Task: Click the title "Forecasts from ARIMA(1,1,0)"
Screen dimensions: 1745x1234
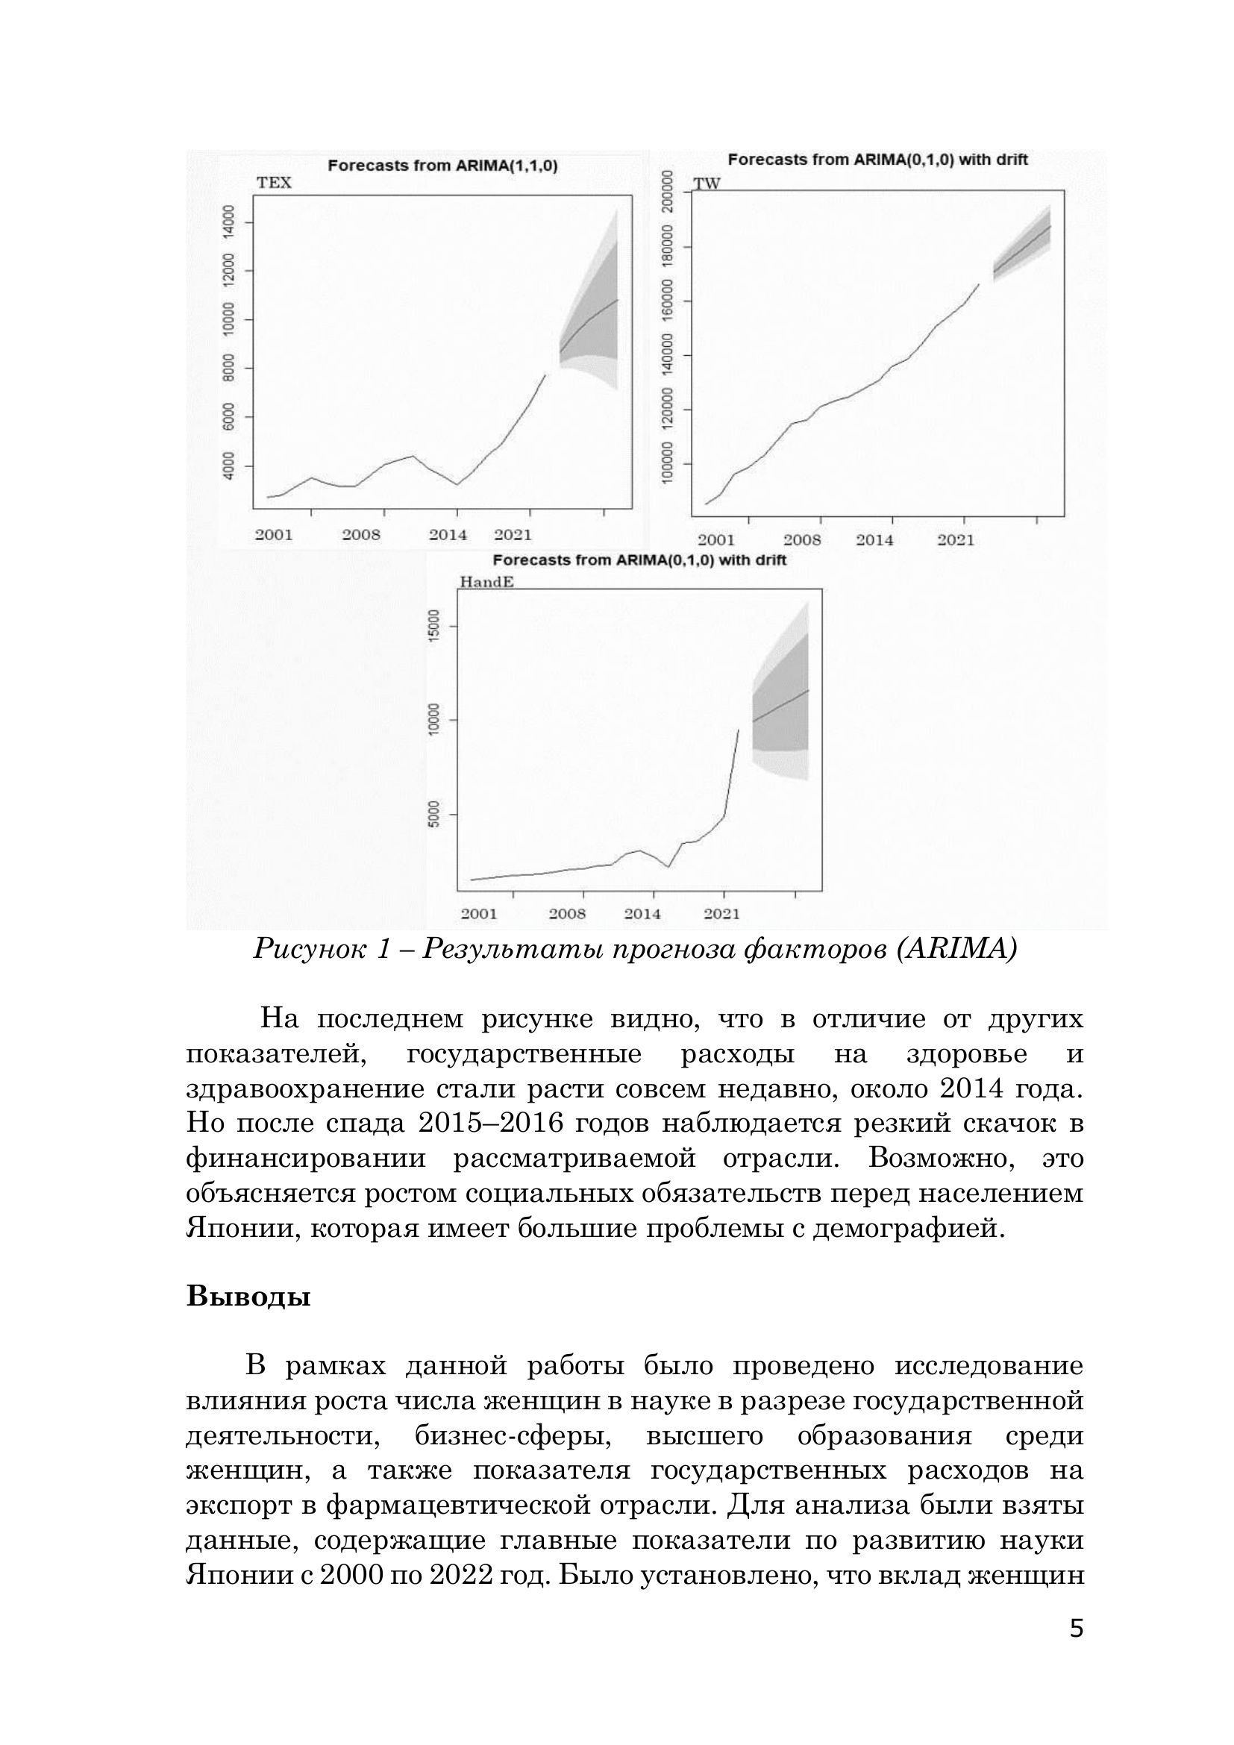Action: click(x=442, y=166)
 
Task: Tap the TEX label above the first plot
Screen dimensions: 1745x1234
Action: click(x=275, y=184)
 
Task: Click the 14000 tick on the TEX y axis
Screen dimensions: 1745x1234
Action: click(x=229, y=222)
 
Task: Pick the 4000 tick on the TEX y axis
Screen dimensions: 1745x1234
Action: click(x=229, y=466)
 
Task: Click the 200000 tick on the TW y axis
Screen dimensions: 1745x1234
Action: click(x=668, y=192)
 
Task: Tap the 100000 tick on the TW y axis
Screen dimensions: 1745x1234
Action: click(x=668, y=463)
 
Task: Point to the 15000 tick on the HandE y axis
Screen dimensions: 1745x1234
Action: click(x=435, y=626)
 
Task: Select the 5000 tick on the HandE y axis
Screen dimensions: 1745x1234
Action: click(x=435, y=815)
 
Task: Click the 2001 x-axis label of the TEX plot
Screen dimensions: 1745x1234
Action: click(x=274, y=535)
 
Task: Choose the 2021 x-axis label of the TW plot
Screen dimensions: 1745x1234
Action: click(x=955, y=540)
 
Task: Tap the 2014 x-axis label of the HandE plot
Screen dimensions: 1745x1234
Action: click(x=643, y=915)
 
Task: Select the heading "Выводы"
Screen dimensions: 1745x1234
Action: click(x=248, y=1296)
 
